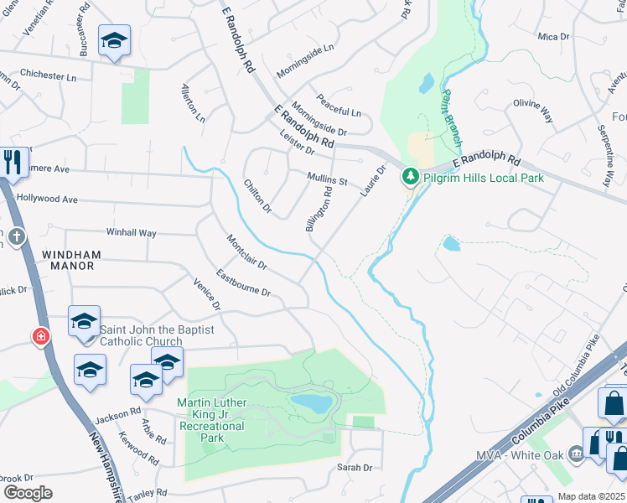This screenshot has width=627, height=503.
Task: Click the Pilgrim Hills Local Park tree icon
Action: [x=410, y=177]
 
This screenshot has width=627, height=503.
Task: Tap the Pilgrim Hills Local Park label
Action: [x=483, y=178]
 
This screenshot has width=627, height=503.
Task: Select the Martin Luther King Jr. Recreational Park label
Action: [x=211, y=414]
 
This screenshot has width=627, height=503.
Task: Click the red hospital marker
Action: [x=40, y=337]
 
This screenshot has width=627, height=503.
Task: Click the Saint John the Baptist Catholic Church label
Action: [x=141, y=335]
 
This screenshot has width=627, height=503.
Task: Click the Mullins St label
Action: [x=327, y=179]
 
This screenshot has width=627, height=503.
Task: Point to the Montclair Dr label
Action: [x=246, y=251]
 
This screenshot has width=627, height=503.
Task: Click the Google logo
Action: [x=28, y=493]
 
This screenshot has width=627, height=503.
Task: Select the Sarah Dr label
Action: [x=355, y=467]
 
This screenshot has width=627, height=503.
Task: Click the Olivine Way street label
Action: [x=533, y=109]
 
